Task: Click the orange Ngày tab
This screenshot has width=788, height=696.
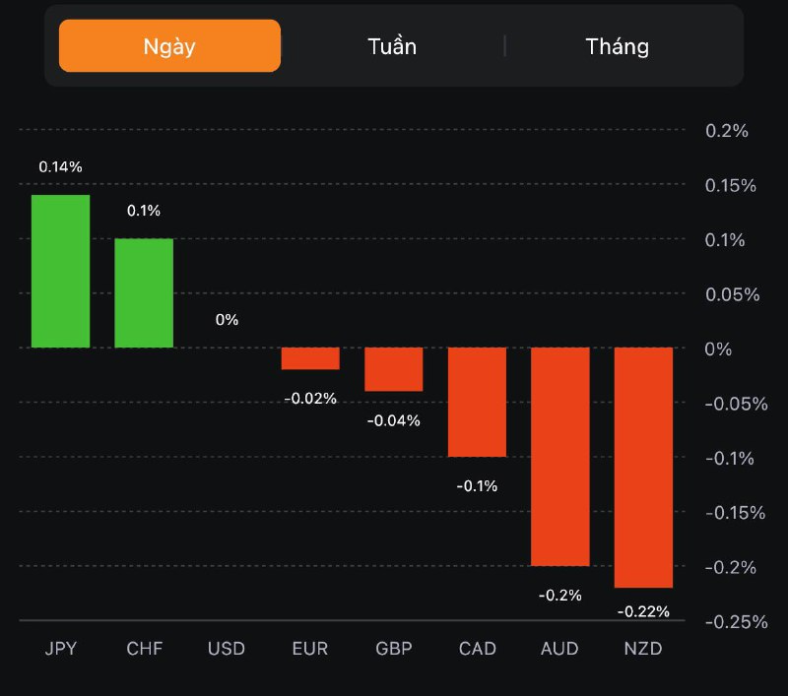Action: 169,46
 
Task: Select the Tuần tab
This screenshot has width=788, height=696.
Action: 392,46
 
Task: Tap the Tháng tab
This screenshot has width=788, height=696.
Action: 617,46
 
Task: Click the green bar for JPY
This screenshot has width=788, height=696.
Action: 60,271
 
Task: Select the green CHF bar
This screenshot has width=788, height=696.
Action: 144,292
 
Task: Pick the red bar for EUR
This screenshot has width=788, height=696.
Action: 310,358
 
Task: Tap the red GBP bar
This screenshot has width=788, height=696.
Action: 394,369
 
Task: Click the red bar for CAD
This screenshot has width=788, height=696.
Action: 477,402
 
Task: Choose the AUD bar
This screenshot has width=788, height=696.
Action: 560,456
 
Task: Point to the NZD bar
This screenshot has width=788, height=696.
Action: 643,467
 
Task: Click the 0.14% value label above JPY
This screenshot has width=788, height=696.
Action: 60,167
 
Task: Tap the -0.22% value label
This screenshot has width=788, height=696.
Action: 643,611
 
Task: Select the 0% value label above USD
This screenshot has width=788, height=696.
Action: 227,320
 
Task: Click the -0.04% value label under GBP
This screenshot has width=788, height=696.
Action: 394,420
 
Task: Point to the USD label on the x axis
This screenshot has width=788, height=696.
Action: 227,649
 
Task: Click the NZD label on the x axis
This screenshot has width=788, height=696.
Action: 643,649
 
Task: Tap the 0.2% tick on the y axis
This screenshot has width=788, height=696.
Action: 728,131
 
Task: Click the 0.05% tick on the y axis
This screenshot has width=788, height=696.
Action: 732,294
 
